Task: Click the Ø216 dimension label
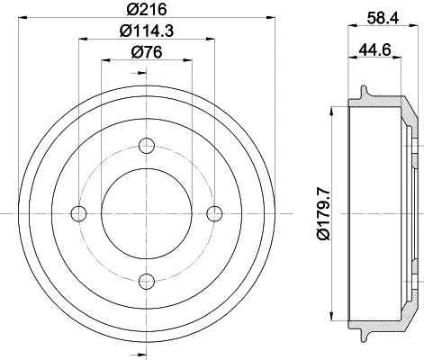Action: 147,9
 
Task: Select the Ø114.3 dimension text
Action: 147,31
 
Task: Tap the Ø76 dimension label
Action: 147,52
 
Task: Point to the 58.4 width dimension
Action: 383,18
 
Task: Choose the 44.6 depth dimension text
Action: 374,49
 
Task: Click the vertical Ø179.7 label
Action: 323,213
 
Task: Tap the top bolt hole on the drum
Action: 147,146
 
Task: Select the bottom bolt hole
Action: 147,282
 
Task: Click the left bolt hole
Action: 78,213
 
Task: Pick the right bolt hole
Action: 215,213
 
